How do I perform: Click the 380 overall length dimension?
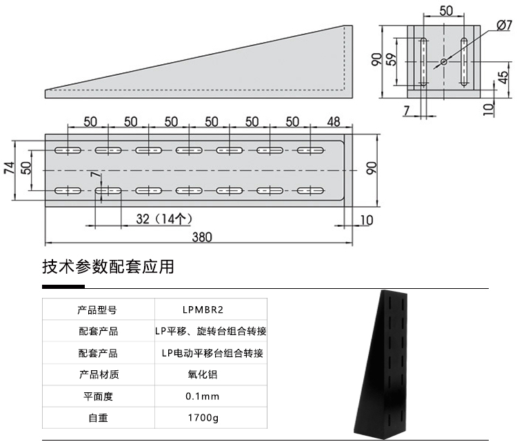pos(201,236)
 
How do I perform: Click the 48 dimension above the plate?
pos(334,122)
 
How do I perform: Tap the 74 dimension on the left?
pos(10,170)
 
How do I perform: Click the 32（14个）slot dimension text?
pos(163,219)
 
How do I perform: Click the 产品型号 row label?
pos(97,310)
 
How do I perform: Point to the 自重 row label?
pos(97,418)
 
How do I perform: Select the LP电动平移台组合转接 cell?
pos(212,354)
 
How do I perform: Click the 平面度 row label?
pos(97,396)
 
